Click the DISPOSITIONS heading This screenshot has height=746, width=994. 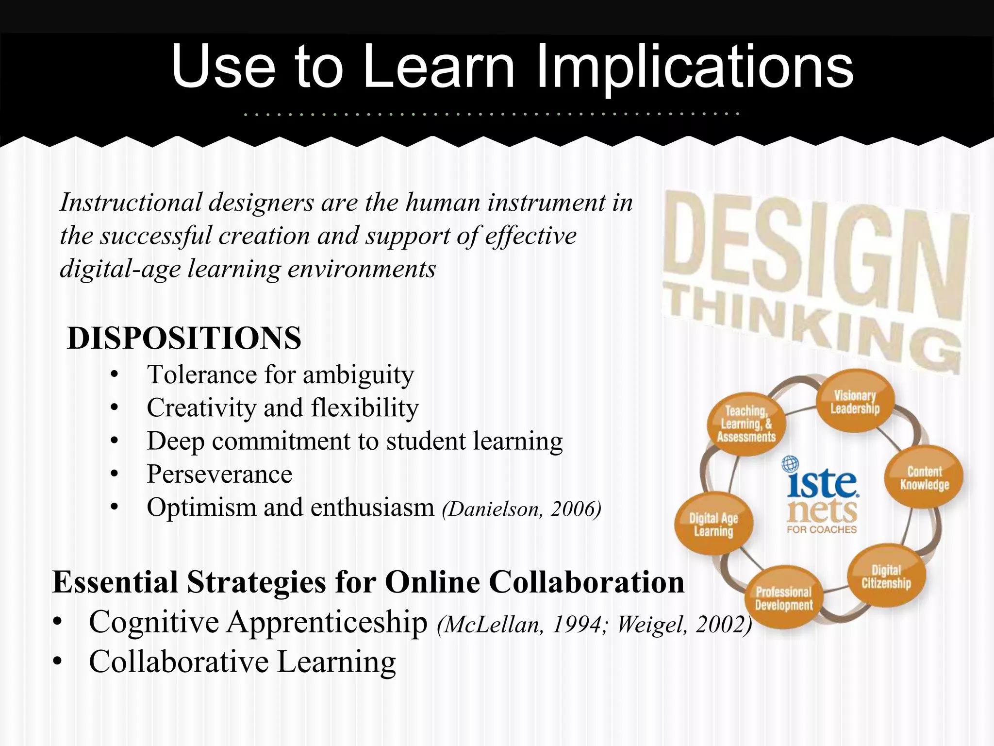click(x=184, y=338)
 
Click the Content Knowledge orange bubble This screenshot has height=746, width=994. click(x=924, y=478)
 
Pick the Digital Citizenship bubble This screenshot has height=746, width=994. click(x=886, y=576)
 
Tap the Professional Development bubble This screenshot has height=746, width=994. click(x=783, y=598)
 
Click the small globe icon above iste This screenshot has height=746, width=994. click(x=790, y=464)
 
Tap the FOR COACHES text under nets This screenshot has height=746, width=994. click(x=822, y=529)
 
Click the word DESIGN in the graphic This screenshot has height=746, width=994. click(x=815, y=253)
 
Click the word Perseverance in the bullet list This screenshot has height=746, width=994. click(x=219, y=474)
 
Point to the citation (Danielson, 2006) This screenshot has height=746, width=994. click(x=521, y=509)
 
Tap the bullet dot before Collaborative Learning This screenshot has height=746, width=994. click(x=58, y=661)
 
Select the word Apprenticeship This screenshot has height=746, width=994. click(x=327, y=622)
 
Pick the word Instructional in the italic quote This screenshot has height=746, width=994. click(x=131, y=203)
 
